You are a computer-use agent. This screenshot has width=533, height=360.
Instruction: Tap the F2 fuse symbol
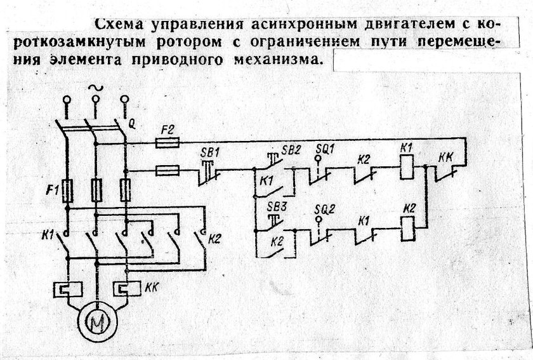169,144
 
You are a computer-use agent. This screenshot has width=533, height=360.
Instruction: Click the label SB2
291,150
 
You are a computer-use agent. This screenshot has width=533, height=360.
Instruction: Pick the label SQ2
327,208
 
